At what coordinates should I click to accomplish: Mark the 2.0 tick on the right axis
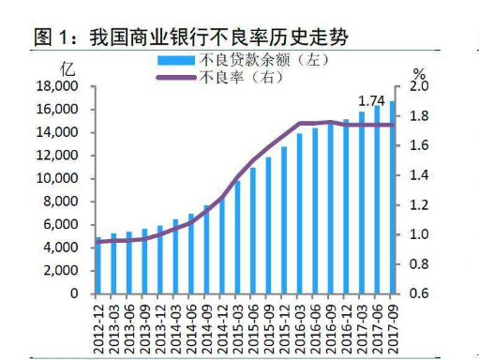(x=419, y=86)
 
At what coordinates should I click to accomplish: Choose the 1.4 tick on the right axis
(x=419, y=175)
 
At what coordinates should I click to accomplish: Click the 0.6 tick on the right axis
(x=419, y=293)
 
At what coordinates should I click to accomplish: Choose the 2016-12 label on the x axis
(x=344, y=323)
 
